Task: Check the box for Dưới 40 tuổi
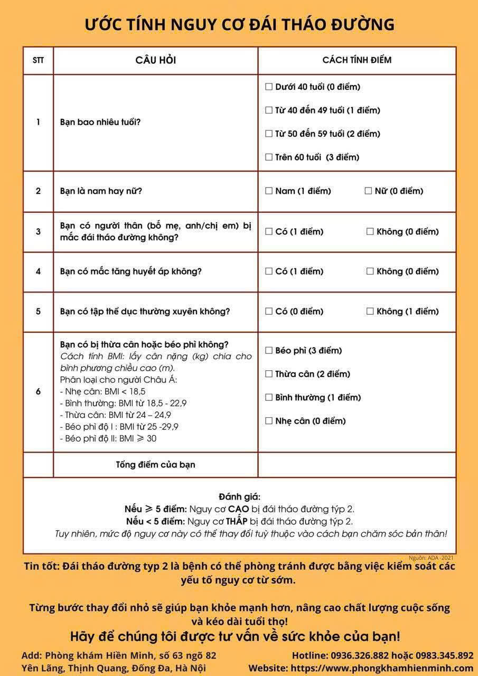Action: coord(269,87)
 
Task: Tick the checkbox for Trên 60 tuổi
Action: coord(269,157)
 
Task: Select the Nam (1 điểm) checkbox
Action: coord(269,191)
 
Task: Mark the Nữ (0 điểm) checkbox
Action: coord(368,191)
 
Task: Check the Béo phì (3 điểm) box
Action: coord(269,351)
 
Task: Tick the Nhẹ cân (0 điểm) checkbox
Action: coord(269,421)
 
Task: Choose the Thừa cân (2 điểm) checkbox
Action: coord(269,374)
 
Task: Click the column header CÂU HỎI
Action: coord(155,60)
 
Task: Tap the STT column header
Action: coord(38,60)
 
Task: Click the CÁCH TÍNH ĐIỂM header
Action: coord(357,60)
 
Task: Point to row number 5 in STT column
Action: coord(38,312)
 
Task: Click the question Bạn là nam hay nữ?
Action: coord(101,191)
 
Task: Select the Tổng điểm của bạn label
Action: coord(155,465)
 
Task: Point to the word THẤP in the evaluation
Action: coord(237,521)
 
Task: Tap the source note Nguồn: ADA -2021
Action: coord(431,558)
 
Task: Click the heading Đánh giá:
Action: coord(239,497)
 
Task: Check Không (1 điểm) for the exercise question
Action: coord(370,312)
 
